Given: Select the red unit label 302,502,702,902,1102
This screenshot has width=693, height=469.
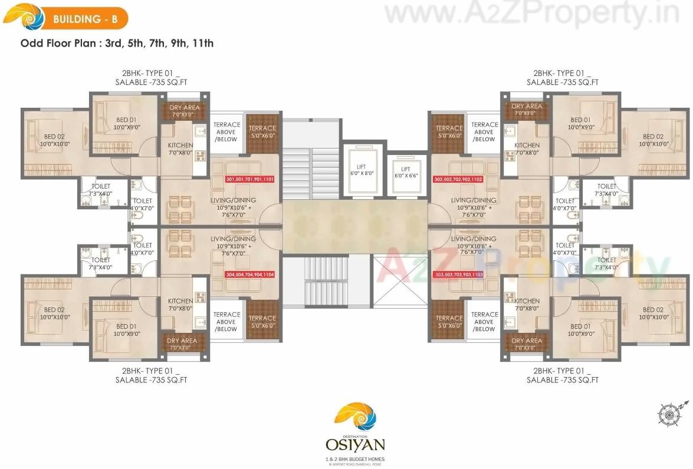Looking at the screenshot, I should [x=458, y=179].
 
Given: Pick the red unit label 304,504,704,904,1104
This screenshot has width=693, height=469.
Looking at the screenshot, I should [x=250, y=275].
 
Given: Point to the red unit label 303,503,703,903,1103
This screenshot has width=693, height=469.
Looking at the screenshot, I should [x=458, y=275].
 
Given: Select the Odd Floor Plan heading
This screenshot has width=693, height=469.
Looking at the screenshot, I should [x=117, y=43].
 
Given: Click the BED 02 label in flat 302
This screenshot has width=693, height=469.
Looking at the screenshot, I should [x=656, y=140].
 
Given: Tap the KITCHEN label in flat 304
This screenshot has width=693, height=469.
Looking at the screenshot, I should [x=180, y=304].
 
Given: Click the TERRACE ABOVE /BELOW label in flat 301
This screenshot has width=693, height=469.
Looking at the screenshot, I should [x=226, y=132].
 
